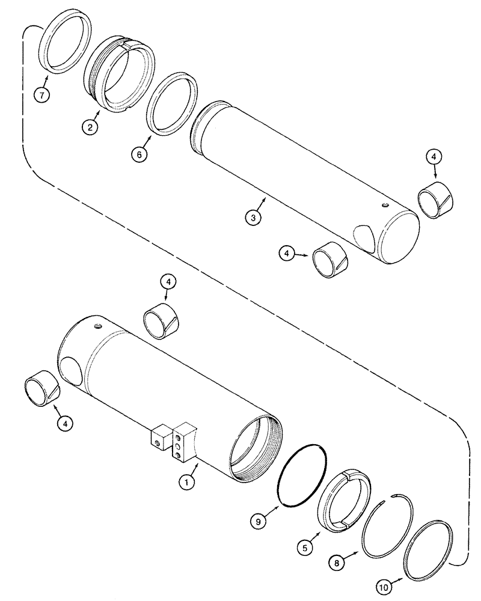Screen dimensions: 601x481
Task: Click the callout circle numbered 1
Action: coord(188,481)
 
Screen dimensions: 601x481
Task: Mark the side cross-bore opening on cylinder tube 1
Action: coord(73,367)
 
